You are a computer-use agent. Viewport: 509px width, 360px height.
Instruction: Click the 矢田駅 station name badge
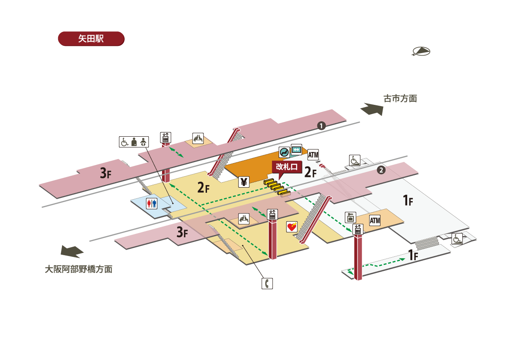tap(91, 38)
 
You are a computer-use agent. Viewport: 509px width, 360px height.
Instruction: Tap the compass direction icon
tap(421, 51)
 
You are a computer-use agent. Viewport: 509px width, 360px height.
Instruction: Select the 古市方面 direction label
tap(400, 99)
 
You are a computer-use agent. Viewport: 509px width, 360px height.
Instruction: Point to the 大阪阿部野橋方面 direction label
tap(79, 269)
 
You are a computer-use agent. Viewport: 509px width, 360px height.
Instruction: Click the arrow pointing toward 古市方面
tap(372, 109)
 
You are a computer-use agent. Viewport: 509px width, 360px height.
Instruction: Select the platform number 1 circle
tap(321, 126)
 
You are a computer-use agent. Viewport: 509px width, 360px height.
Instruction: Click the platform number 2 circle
tap(381, 171)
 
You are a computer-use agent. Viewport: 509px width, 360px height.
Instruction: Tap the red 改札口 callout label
tap(287, 167)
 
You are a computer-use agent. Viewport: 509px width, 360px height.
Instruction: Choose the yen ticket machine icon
tap(244, 182)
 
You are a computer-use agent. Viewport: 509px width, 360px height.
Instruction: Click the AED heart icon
tap(292, 227)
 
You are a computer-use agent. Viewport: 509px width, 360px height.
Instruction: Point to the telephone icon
tap(267, 284)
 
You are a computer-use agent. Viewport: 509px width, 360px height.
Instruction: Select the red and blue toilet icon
tap(151, 203)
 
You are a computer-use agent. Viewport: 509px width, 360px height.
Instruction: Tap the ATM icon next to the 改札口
tap(313, 155)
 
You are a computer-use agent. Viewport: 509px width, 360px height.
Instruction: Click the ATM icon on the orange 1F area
tap(375, 220)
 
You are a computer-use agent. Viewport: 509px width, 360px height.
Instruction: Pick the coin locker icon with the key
tap(350, 217)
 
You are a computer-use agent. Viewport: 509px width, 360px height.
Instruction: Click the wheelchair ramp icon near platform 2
tap(355, 160)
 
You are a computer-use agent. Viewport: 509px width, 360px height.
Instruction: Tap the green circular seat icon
tap(284, 151)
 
